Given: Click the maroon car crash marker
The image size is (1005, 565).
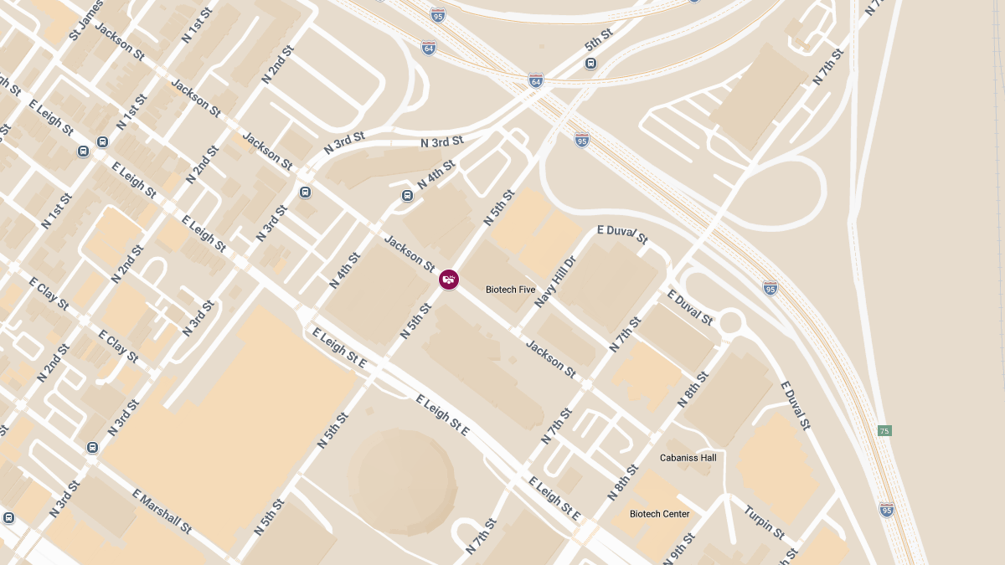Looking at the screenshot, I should click(449, 280).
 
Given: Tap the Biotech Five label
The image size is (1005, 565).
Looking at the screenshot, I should click(510, 290).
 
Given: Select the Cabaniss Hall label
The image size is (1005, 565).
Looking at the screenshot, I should click(688, 458).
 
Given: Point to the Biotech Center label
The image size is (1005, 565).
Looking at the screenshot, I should click(660, 514).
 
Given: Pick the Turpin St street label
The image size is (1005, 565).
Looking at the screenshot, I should click(764, 523).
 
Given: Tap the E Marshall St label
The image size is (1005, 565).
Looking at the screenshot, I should click(162, 511).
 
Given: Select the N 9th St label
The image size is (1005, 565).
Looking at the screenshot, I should click(679, 548).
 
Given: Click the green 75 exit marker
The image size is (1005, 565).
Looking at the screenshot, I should click(884, 431).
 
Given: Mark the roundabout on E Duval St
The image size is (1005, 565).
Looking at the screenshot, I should click(730, 321).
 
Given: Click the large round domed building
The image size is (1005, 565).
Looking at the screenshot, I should click(401, 482).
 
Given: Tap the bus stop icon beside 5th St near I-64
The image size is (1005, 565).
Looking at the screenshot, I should click(590, 64).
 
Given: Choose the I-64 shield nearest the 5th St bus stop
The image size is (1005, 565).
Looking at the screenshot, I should click(535, 80).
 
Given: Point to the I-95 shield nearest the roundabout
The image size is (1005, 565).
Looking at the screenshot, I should click(770, 289).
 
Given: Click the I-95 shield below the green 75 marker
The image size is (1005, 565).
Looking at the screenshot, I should click(886, 509).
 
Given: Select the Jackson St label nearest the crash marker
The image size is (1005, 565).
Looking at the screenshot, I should click(410, 253).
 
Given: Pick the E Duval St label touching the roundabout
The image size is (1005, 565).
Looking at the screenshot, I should click(690, 308).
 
